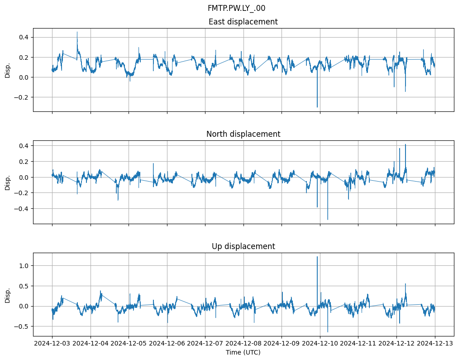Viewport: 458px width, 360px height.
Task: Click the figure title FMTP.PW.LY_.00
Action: [236, 8]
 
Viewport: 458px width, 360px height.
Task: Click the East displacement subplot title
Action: [243, 22]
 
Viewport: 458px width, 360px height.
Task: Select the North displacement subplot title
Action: [243, 134]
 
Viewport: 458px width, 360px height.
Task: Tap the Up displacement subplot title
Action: [243, 246]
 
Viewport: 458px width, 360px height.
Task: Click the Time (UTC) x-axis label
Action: [243, 352]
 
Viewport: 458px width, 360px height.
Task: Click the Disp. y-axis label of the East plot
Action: [8, 70]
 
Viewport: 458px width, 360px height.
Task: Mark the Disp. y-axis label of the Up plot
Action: [8, 295]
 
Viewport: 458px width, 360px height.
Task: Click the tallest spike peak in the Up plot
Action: [317, 257]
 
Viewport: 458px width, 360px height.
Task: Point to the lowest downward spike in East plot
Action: [317, 107]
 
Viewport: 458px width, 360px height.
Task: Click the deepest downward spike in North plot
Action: [328, 220]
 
